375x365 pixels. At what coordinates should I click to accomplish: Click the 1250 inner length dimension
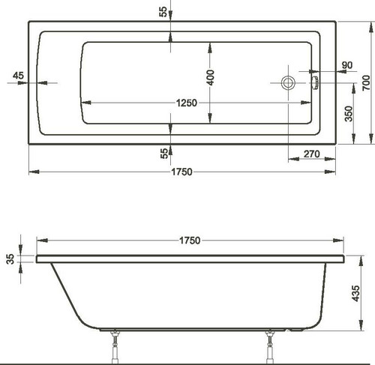[187, 103]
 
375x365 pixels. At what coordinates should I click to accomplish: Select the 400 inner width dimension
[211, 78]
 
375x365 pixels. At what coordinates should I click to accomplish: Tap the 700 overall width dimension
[366, 82]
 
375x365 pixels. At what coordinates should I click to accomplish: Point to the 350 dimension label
[348, 114]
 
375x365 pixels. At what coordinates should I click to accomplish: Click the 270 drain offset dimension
[311, 154]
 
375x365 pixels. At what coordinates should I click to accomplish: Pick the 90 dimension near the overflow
[347, 65]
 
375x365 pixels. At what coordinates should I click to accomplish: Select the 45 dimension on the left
[18, 76]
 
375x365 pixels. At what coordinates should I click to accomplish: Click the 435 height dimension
[355, 293]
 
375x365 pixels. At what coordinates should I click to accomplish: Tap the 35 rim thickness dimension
[10, 259]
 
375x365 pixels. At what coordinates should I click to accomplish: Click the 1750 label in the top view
[181, 172]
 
